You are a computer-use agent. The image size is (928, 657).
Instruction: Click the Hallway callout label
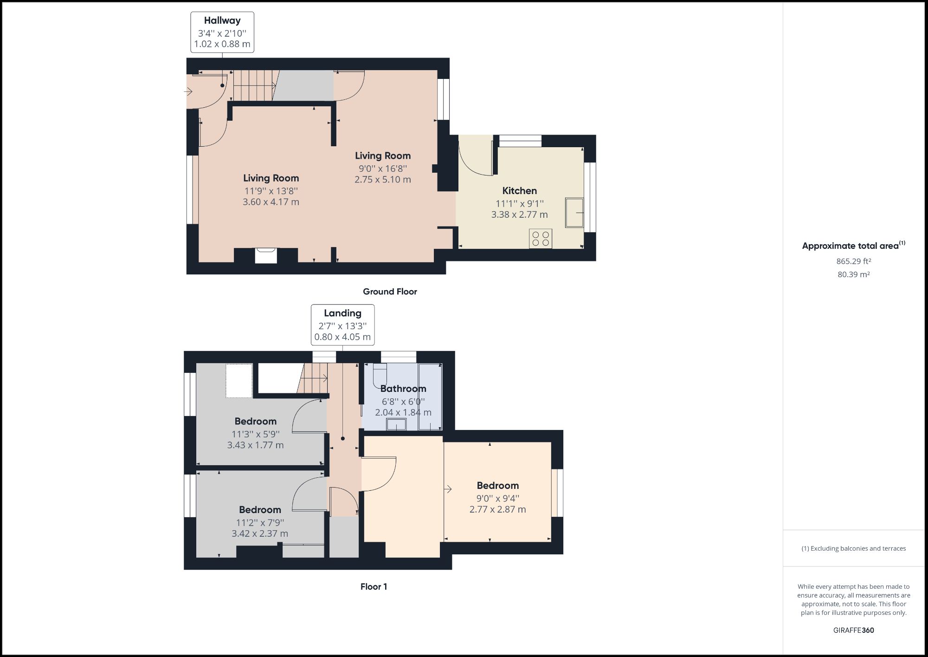(x=222, y=32)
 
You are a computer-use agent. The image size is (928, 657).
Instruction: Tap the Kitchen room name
(x=519, y=190)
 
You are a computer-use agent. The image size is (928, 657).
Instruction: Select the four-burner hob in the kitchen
(x=541, y=239)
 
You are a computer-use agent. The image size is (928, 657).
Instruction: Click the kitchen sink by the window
(x=574, y=213)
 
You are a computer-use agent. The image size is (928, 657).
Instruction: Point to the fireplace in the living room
(x=266, y=256)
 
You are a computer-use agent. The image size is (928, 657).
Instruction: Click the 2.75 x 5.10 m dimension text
(x=382, y=180)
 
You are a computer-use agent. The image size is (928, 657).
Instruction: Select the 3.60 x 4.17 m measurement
(x=271, y=202)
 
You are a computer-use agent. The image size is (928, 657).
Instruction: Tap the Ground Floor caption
(x=390, y=292)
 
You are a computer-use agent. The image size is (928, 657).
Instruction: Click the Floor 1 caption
(x=374, y=586)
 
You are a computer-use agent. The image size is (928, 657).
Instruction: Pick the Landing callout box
(x=342, y=325)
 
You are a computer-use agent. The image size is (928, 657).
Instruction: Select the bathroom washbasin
(x=396, y=424)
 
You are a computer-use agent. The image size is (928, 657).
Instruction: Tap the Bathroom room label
(x=403, y=389)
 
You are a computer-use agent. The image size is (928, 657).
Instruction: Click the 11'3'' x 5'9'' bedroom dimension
(x=255, y=434)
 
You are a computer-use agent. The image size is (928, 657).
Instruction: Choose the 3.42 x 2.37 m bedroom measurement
(x=260, y=534)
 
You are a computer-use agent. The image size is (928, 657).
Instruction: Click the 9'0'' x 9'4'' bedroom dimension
(x=497, y=498)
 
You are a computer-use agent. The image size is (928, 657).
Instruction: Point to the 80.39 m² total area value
(x=853, y=274)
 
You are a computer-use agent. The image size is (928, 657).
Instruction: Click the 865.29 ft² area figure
(x=853, y=261)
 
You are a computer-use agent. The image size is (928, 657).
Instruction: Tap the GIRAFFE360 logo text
(x=853, y=630)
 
